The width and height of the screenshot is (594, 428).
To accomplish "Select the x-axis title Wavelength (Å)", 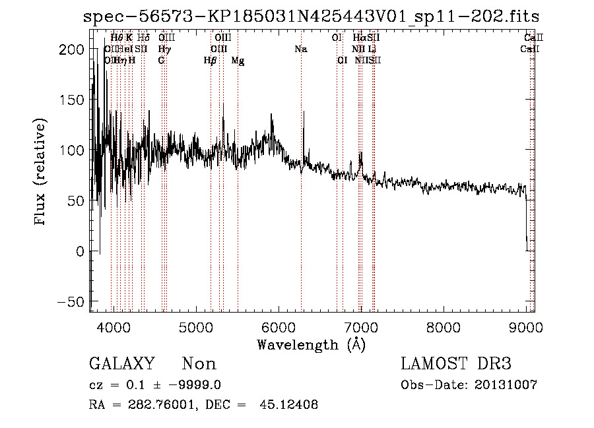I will pyautogui.click(x=311, y=344).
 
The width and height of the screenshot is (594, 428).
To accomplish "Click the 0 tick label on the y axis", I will pyautogui.click(x=80, y=251).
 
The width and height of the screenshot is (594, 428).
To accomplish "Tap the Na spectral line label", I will pyautogui.click(x=301, y=49).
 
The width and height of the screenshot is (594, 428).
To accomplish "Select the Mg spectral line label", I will pyautogui.click(x=238, y=60).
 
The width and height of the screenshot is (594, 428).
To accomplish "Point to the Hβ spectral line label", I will pyautogui.click(x=211, y=60).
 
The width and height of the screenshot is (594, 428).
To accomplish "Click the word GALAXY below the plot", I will pyautogui.click(x=122, y=364).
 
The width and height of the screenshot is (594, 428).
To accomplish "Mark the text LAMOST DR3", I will pyautogui.click(x=456, y=364).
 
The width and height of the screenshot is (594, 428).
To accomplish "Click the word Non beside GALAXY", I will pyautogui.click(x=199, y=364).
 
